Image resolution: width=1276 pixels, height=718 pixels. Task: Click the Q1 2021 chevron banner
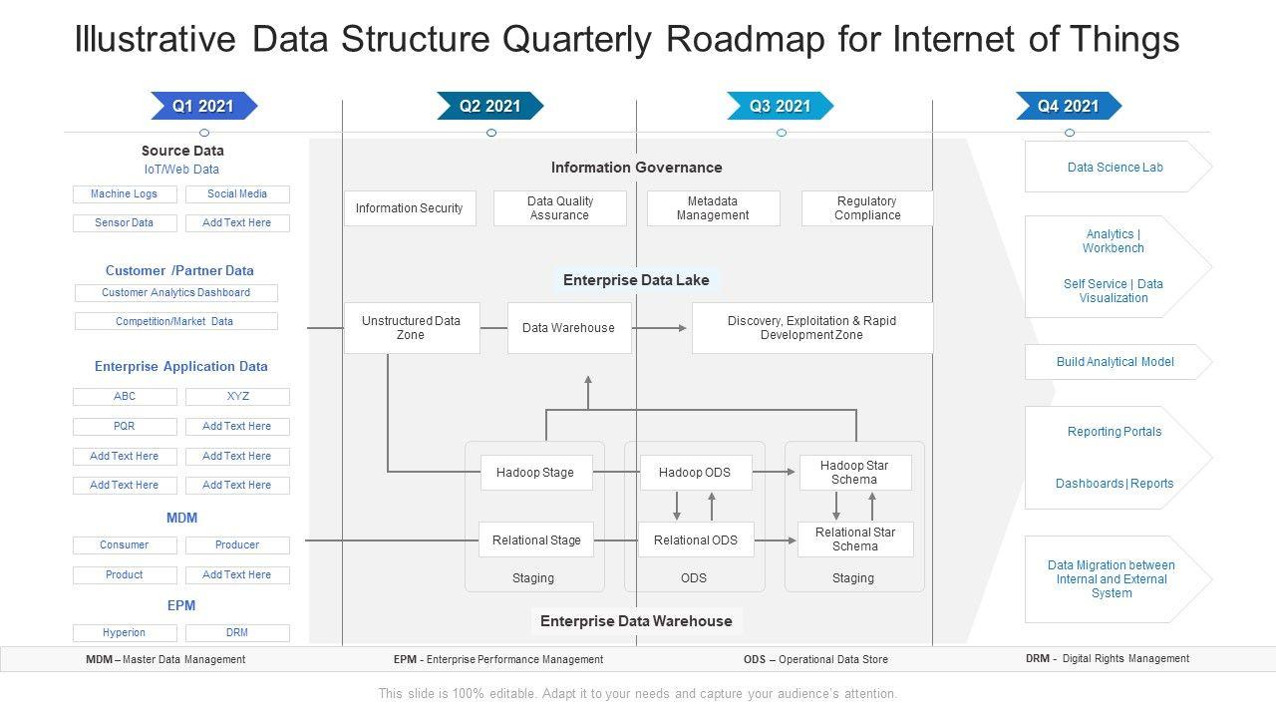(x=204, y=106)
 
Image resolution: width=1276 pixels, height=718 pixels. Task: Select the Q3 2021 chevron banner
(x=780, y=106)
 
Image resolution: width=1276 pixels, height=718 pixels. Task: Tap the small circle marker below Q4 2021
(x=1070, y=133)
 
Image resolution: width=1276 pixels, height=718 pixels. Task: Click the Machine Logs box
(x=125, y=194)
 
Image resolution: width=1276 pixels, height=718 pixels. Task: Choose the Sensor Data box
(x=125, y=222)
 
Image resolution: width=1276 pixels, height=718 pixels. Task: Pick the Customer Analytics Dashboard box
(x=176, y=293)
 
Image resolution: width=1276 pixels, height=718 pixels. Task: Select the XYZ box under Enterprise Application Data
(x=237, y=397)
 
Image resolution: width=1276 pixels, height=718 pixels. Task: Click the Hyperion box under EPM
(x=125, y=633)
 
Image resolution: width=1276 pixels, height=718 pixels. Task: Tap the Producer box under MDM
(x=237, y=545)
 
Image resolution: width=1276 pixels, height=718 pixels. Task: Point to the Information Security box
(x=410, y=208)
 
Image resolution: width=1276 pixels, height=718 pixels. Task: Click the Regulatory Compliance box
(x=867, y=208)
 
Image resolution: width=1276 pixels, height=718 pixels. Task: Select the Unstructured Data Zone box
(x=412, y=328)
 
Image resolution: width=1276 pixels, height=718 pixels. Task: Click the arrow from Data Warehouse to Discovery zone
(x=659, y=328)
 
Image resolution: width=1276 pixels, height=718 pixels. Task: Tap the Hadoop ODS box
(x=696, y=473)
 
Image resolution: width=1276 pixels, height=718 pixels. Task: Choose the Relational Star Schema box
(x=855, y=539)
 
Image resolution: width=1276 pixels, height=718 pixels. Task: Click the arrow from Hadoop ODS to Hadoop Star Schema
(x=774, y=472)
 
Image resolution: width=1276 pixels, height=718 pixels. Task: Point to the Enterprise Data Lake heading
(x=636, y=280)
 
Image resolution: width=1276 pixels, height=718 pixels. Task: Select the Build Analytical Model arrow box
(x=1117, y=362)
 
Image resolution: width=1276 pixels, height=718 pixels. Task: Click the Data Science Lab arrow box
(x=1117, y=167)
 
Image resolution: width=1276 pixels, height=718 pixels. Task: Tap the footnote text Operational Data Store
(x=833, y=660)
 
